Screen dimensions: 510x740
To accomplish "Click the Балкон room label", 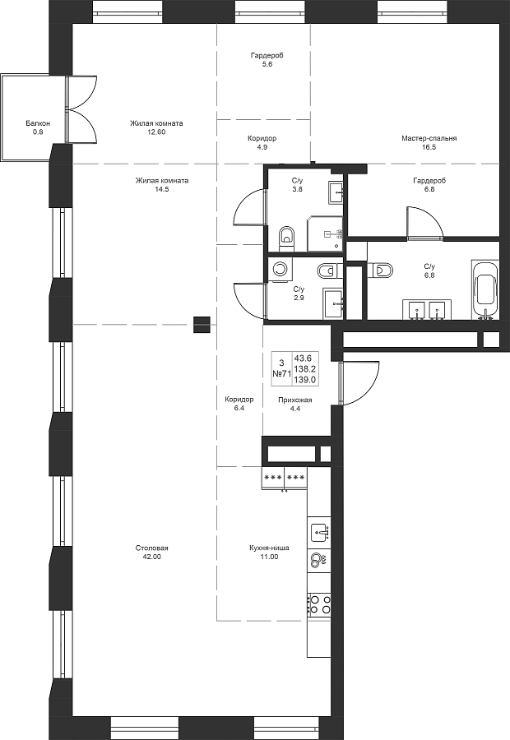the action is pos(38,123).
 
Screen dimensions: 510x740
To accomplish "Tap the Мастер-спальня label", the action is pos(429,138).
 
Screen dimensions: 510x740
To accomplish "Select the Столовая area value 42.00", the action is pos(151,557).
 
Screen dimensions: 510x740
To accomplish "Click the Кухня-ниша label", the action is pos(269,548).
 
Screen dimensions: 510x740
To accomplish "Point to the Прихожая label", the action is pos(295,400).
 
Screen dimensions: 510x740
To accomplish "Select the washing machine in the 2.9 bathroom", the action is pos(280,269).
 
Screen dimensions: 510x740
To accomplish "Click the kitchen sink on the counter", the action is pos(320,532).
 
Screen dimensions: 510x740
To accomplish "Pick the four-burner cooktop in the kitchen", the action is pos(320,604).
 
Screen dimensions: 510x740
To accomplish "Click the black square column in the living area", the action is pos(201,325).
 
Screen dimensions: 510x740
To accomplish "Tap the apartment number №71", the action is pos(281,373).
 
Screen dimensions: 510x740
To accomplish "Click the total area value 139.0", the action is pos(305,379).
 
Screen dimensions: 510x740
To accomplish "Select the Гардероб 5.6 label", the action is pos(267,60).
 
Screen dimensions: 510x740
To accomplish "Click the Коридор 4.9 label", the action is pos(262,142).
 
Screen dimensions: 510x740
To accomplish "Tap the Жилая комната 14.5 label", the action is pos(162,184).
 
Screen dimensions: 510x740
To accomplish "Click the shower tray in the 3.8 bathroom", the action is pos(325,234).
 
